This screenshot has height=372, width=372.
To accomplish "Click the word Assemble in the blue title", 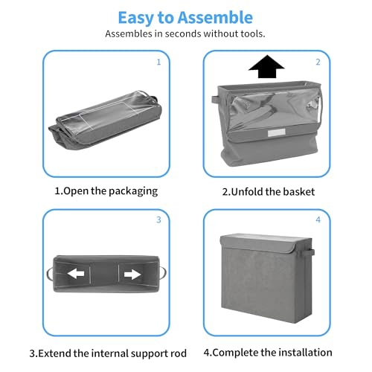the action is (x=215, y=18).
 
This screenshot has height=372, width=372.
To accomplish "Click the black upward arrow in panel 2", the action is (x=266, y=66).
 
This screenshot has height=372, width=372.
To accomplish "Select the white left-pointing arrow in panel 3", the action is (x=76, y=274).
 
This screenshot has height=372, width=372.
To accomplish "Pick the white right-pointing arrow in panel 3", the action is (x=132, y=275).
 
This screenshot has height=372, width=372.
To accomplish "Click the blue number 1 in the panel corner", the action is (x=158, y=62).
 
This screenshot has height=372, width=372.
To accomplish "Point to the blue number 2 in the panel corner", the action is (x=318, y=62).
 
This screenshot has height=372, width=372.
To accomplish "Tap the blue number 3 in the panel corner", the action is (x=158, y=219).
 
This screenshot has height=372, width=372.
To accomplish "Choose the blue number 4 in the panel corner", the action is (x=318, y=219).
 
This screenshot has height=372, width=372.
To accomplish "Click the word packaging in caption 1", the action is (x=133, y=192).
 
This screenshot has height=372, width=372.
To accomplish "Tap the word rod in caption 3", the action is (x=179, y=353).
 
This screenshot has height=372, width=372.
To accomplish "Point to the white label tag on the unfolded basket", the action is (x=277, y=132).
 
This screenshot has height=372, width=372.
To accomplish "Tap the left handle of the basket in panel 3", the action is (x=50, y=274).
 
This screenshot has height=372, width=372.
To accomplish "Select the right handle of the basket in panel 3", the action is (x=162, y=274).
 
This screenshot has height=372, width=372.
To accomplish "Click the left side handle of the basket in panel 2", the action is (x=215, y=100).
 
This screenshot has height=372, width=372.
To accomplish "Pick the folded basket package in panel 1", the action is (x=105, y=121).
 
